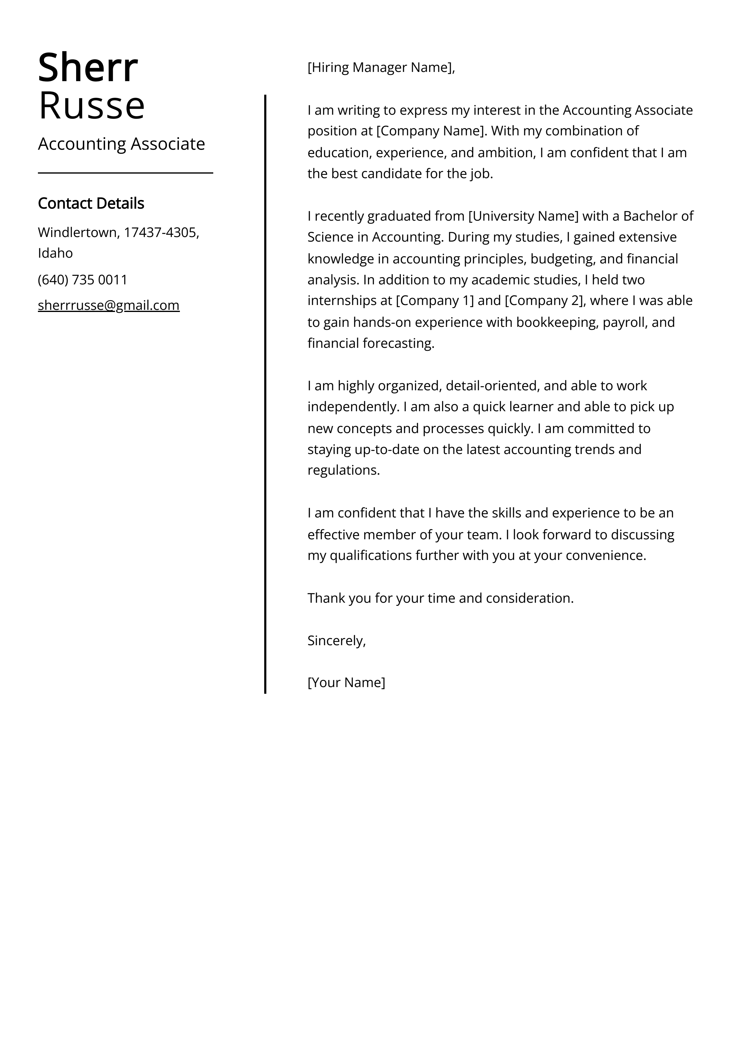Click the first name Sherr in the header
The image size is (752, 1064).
click(88, 68)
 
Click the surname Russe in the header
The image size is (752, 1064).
click(92, 106)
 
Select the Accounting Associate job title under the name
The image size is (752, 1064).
click(121, 144)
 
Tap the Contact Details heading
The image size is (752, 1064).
click(91, 203)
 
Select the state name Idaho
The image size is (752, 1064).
click(55, 253)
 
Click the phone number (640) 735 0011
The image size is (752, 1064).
click(83, 280)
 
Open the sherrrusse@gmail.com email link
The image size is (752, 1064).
click(108, 305)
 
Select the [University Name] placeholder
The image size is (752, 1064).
click(524, 216)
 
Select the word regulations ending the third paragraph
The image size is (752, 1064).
click(343, 470)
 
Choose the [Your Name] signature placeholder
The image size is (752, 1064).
click(346, 683)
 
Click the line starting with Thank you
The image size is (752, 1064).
click(440, 598)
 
